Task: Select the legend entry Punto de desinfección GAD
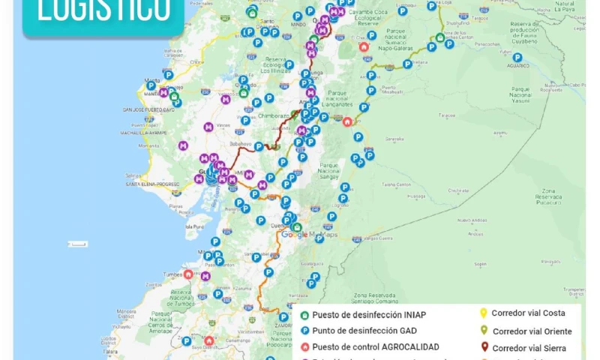(x=370, y=331)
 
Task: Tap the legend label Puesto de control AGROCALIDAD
(x=376, y=346)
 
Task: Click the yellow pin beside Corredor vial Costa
(x=484, y=313)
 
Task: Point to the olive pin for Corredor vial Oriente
(x=484, y=330)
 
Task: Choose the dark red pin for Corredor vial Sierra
(x=484, y=346)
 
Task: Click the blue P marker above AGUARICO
(x=517, y=57)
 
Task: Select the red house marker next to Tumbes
(x=187, y=275)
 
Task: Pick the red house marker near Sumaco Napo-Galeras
(x=364, y=46)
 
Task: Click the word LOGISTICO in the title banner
(x=102, y=12)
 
